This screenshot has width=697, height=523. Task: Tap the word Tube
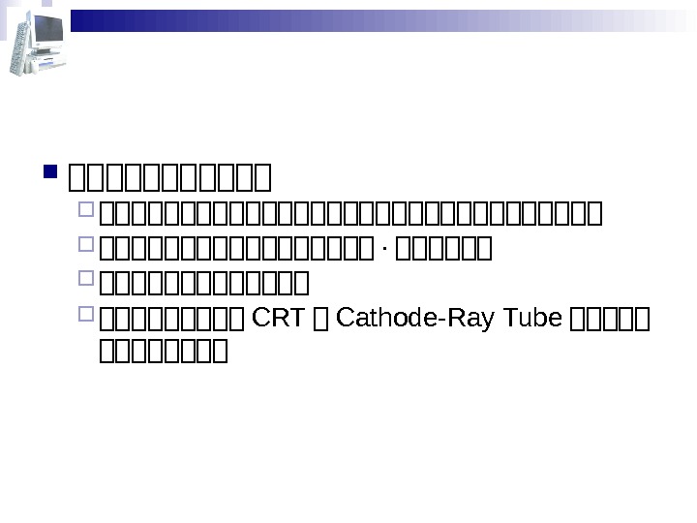[533, 316]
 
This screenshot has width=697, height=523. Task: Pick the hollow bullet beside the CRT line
[85, 316]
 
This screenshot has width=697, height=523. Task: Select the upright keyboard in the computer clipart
[16, 48]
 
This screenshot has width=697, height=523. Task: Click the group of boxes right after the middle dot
[442, 253]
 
